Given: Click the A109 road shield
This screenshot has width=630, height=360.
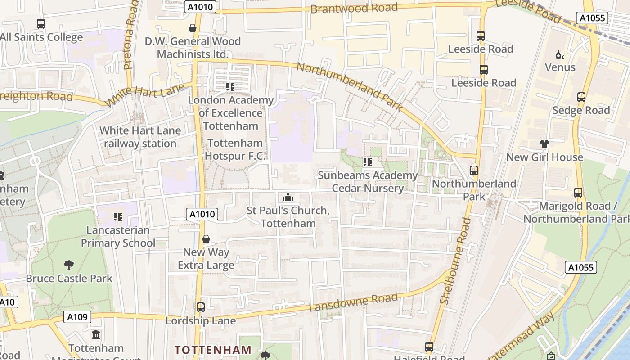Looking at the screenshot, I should coord(77,317).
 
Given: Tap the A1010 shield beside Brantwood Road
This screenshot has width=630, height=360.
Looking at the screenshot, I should coord(200,7).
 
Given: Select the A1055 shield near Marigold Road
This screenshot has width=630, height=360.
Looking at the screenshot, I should coord(580,267).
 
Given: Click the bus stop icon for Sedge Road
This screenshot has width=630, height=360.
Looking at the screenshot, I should coord(581,97).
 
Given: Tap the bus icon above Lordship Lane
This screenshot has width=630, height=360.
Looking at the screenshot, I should coord(200,307).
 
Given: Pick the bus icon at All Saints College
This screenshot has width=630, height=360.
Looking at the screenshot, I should coord(41,24).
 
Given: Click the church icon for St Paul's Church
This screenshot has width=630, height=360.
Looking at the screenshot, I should coord(288,197).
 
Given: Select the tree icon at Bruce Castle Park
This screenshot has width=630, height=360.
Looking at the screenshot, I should coord(68,265).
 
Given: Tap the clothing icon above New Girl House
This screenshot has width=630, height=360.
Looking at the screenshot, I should coord(544,144).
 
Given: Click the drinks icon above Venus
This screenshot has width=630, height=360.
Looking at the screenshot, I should coord(560,54).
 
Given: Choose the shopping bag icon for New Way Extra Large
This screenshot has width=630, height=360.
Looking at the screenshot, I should coord(206,239).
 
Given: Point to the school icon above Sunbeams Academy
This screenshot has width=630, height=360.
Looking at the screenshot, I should coord(368,162).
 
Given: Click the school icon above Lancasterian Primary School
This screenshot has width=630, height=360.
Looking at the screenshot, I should coord(118,217).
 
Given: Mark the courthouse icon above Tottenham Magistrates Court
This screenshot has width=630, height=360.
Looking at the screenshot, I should coord(96,335).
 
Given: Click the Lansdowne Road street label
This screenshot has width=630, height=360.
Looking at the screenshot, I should coord(354,302).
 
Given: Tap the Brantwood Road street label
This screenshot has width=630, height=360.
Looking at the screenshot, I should coord(354,8).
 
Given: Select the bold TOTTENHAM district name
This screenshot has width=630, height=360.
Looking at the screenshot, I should coord(213,350).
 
